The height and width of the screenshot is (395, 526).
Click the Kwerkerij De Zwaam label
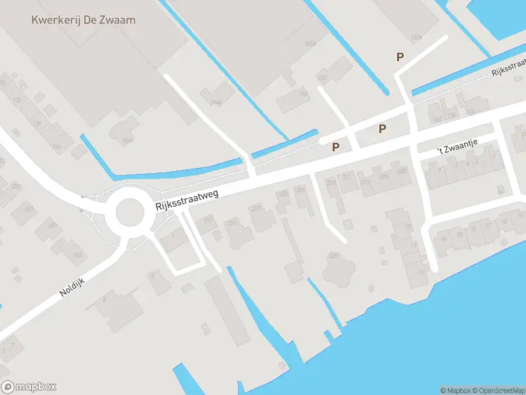tap(84, 20)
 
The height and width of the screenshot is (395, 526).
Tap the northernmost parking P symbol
tap(400, 57)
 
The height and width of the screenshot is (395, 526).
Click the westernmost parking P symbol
tap(336, 147)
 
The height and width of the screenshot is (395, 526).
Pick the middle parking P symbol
tap(382, 129)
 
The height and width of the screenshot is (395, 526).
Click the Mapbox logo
tap(29, 387)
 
